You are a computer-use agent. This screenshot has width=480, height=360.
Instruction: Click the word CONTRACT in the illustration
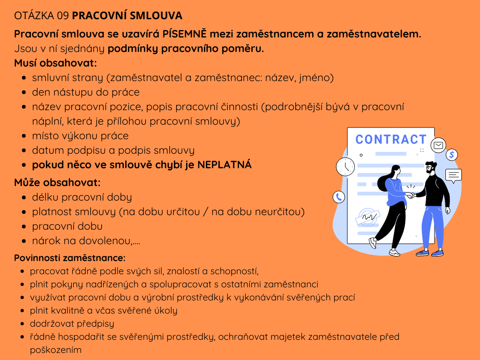390,140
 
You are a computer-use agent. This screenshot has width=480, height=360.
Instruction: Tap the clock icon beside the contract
345,166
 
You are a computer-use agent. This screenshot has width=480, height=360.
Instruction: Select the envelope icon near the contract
438,146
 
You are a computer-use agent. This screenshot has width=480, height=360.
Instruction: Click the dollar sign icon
452,155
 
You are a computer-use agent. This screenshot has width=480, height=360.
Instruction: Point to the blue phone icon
338,197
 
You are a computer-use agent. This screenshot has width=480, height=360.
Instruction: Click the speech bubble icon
453,175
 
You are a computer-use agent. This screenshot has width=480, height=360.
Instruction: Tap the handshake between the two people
410,195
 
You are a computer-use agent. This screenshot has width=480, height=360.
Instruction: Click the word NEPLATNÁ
225,165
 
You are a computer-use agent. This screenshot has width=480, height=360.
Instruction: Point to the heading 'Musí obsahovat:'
55,63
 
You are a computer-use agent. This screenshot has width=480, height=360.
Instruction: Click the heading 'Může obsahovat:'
57,182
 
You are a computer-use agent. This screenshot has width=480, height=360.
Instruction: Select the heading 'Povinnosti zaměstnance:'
69,258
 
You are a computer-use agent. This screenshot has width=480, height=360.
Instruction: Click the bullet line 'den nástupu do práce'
86,92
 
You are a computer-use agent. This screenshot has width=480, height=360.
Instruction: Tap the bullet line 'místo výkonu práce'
80,136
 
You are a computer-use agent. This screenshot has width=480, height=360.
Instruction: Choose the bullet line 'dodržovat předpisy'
72,323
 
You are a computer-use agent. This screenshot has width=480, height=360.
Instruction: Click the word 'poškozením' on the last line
56,350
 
